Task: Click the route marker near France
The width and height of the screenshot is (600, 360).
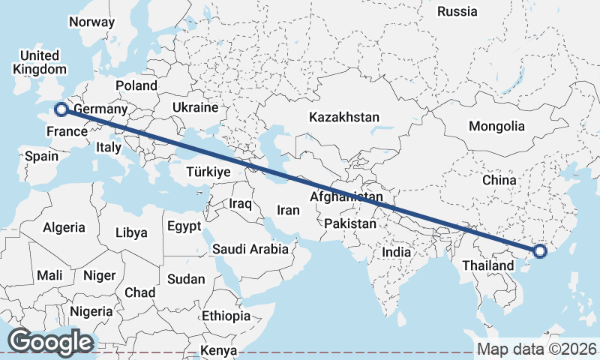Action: pos(61,110)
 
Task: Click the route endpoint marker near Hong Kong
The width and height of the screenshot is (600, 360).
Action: pos(538,251)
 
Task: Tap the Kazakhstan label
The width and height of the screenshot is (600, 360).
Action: pos(344,118)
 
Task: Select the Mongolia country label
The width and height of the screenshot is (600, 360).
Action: pos(496,126)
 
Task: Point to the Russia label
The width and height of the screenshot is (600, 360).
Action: pos(457,11)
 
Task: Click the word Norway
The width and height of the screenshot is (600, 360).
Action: pos(91,22)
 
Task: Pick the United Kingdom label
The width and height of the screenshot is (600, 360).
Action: pos(39,62)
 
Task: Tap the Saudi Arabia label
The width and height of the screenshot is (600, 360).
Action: pos(250,249)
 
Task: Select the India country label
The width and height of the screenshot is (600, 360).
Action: pos(397,253)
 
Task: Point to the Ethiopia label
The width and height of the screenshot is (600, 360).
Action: pos(226,316)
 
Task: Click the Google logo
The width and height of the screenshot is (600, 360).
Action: pos(50,342)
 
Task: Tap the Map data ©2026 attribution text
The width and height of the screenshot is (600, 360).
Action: pos(537,349)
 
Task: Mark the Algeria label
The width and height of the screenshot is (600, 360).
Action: pos(64,228)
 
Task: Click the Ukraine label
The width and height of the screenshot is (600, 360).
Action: pos(194,108)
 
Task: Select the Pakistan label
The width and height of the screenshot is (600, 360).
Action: pos(350,223)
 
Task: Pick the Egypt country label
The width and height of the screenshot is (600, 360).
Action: pos(184,226)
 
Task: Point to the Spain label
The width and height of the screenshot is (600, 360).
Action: pos(41,157)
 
